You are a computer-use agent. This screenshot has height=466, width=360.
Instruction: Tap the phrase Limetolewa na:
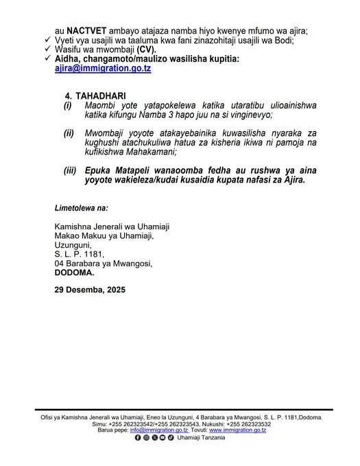click(81, 207)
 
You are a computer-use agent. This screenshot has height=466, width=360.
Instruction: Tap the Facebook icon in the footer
click(138, 437)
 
